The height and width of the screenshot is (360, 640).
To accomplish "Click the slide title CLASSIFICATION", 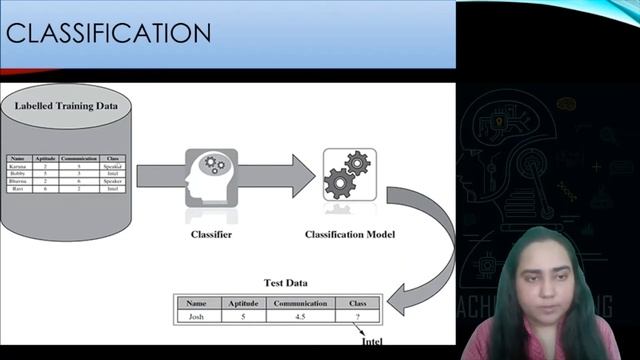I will tap(107, 33).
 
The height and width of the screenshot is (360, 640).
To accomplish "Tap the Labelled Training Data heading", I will tap(68, 104).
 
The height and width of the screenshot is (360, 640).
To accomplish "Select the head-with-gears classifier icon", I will tap(211, 177).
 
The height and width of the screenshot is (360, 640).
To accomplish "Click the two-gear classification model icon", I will tap(349, 174).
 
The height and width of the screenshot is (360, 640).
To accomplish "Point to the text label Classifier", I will tap(211, 234).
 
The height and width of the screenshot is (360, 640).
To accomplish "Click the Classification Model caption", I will tap(349, 234).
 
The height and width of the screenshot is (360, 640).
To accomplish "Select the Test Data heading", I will tap(285, 283).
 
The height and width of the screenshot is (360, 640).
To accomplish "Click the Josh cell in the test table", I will tap(196, 316).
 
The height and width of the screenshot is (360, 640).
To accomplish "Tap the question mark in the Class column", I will tap(357, 316).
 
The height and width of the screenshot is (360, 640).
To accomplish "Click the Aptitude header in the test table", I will tap(243, 302).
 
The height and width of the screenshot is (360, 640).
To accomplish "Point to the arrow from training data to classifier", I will tap(160, 176).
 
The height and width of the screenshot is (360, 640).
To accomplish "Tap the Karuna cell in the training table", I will tap(19, 166).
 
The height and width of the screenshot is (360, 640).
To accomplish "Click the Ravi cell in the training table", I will tap(19, 188).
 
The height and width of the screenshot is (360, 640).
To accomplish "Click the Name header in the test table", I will tap(196, 302).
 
